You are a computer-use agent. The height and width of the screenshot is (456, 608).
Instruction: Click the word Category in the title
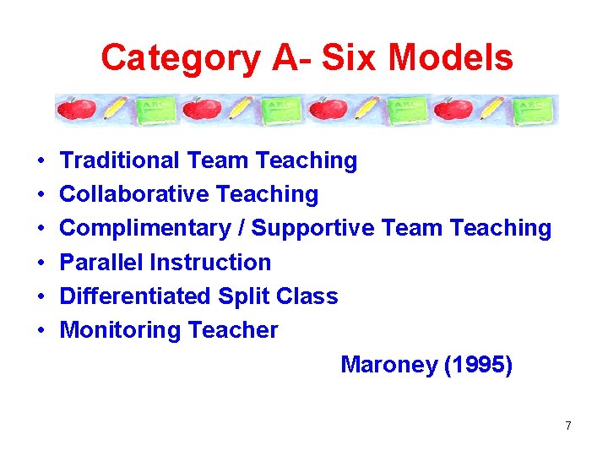click(x=180, y=58)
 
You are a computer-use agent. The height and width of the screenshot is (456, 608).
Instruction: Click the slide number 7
click(x=568, y=426)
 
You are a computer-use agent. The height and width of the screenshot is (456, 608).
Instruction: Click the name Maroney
click(x=389, y=365)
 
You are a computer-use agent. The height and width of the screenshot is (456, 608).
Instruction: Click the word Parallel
click(x=101, y=263)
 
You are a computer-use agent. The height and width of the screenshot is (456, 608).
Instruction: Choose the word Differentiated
click(x=136, y=296)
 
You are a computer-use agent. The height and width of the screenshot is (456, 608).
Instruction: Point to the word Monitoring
click(x=113, y=330)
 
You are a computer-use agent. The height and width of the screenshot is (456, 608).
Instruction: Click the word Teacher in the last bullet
click(x=233, y=330)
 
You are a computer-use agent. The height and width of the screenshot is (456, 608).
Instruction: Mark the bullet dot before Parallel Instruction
click(x=41, y=263)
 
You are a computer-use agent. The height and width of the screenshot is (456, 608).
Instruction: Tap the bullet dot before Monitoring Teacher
click(x=41, y=331)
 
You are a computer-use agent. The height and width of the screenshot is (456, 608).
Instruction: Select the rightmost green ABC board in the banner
click(x=538, y=109)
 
